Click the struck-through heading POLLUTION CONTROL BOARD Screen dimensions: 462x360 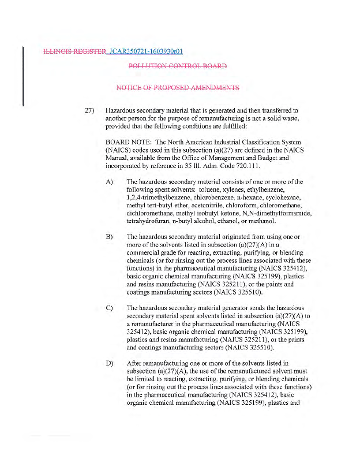click(177, 66)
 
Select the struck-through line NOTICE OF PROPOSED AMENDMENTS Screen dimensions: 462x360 click(177, 88)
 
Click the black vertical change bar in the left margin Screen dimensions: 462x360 click(23, 75)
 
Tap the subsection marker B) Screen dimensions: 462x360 click(110, 237)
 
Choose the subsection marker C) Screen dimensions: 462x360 click(110, 307)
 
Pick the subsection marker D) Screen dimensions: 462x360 click(110, 363)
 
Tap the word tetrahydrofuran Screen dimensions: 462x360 click(148, 221)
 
